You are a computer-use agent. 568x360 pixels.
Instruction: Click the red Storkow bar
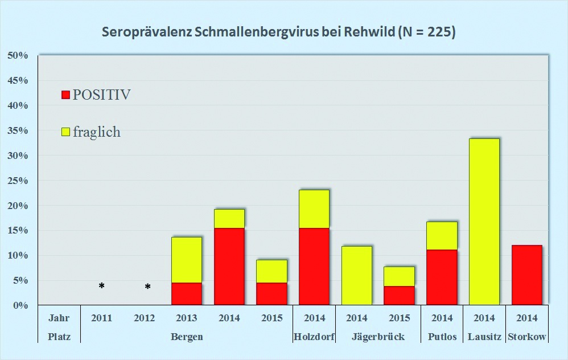point(527,275)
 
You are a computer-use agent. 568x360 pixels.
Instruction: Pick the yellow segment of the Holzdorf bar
point(314,208)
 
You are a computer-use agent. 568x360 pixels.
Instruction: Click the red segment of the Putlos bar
point(442,277)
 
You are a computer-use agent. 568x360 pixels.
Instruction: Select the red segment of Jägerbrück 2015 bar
point(399,295)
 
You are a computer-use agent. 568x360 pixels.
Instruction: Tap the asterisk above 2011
point(101,286)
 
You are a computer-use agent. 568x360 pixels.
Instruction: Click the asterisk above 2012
point(147,287)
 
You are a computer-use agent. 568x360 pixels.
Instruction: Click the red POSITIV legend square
point(65,95)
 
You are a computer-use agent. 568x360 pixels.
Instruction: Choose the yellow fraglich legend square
point(65,132)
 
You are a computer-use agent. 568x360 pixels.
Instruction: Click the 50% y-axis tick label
point(17,55)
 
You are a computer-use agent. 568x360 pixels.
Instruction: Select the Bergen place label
point(187,337)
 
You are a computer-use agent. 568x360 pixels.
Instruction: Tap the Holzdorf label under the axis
point(314,337)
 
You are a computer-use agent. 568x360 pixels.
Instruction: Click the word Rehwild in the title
point(368,32)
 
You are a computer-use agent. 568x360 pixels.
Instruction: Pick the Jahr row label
point(59,318)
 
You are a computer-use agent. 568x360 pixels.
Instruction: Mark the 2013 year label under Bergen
point(187,318)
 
